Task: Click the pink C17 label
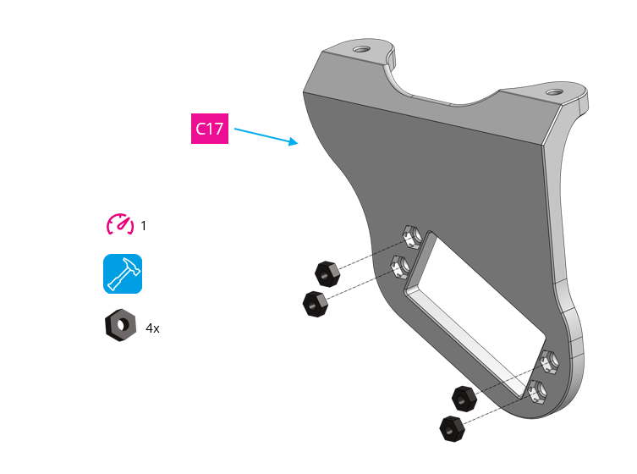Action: click(x=209, y=130)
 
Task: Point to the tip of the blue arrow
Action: click(x=298, y=143)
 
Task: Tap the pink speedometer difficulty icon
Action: click(x=120, y=224)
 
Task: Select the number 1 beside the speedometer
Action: click(x=144, y=226)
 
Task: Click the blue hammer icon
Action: click(x=123, y=273)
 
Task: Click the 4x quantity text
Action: click(x=152, y=328)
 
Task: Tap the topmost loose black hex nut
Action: click(x=327, y=273)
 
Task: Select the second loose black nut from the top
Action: click(x=315, y=303)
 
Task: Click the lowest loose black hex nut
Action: click(x=453, y=427)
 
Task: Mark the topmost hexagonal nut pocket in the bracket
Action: click(x=411, y=234)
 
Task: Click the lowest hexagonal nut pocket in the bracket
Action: click(x=536, y=393)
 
